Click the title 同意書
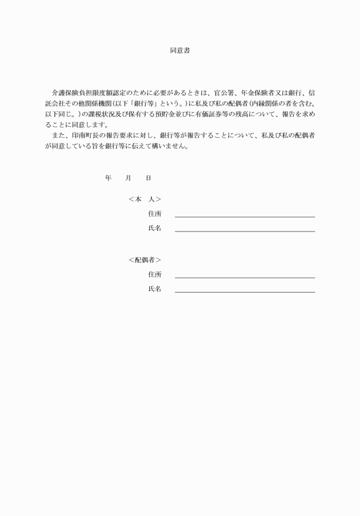179,51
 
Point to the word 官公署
223,93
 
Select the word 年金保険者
257,93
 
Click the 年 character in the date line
108,178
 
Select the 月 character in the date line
128,178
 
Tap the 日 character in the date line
148,178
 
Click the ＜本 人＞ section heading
145,199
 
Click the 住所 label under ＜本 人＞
154,214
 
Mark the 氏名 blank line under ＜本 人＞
245,231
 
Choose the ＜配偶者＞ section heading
145,260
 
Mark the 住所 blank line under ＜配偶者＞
245,277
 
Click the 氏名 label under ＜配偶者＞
154,289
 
